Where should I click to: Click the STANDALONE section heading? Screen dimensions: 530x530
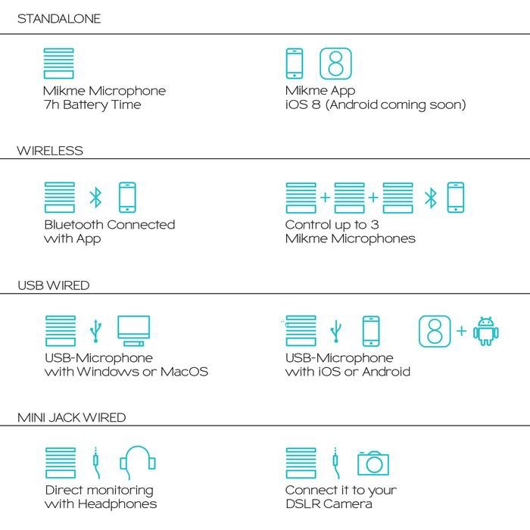pos(59,19)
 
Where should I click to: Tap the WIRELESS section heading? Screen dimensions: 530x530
pos(50,151)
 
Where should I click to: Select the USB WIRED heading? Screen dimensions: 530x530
pos(54,285)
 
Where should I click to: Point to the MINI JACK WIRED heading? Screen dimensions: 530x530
pos(71,418)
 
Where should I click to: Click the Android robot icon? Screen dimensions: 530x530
pos(486,332)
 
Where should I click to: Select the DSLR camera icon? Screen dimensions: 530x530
pos(373,463)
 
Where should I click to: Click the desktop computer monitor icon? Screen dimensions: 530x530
pos(133,331)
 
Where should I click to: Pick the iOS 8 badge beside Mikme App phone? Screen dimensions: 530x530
pos(335,64)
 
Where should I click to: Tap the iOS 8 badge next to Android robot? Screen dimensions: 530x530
pos(435,332)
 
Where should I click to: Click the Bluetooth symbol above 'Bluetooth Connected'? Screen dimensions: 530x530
pos(95,198)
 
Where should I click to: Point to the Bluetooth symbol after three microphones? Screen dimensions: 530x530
pos(431,198)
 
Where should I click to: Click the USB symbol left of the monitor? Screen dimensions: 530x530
pos(95,331)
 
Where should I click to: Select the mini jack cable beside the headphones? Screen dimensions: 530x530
pos(96,463)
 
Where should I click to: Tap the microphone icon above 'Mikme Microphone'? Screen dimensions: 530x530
pos(59,64)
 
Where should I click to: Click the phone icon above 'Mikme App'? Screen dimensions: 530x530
pos(295,64)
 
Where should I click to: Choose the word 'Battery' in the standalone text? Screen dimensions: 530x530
pos(85,105)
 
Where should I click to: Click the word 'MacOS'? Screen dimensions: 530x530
pos(184,372)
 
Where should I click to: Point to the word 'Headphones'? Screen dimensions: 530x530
pos(117,504)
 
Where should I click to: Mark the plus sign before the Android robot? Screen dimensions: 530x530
pos(461,331)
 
